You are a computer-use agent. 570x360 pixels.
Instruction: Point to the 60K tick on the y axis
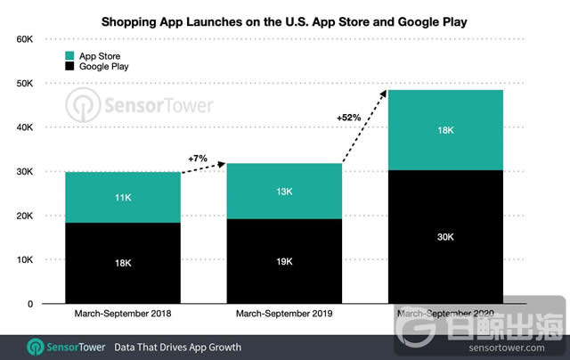coord(21,40)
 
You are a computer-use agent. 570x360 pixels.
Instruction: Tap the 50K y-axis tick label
coord(21,84)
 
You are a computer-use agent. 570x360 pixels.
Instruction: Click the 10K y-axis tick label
coord(21,259)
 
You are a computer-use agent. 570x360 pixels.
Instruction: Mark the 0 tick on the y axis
coord(28,304)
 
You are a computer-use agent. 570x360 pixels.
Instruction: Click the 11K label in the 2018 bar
coord(123,198)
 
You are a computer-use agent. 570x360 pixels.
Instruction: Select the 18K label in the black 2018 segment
coord(123,264)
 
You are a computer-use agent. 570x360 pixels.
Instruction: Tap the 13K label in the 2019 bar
coord(285,191)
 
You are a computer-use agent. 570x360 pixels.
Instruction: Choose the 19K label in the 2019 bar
coord(285,262)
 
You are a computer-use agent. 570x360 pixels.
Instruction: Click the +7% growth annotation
coord(198,158)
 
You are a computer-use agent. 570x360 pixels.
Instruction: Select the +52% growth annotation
coord(348,117)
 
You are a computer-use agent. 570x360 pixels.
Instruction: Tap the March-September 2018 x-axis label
coord(123,315)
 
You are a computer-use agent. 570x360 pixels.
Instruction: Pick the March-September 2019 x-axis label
coord(285,315)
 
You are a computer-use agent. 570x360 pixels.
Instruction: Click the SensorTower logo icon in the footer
coord(37,346)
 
